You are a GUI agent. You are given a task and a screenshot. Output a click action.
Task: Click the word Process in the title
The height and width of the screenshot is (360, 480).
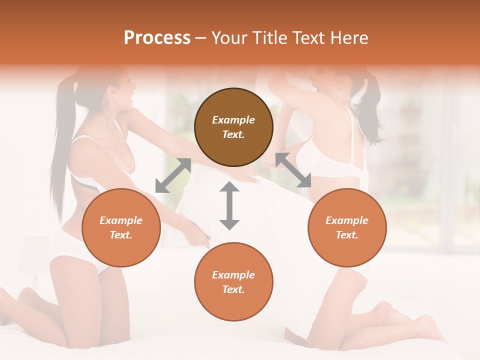pyautogui.click(x=157, y=38)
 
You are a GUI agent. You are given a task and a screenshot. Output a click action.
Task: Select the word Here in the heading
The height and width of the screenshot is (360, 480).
pyautogui.click(x=350, y=38)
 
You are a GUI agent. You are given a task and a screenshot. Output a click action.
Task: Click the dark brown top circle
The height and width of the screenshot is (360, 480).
pyautogui.click(x=233, y=127)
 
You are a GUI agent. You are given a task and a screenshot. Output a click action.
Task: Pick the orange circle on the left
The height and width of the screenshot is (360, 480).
pyautogui.click(x=121, y=227)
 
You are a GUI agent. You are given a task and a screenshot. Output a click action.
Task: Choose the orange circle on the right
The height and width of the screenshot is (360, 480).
pyautogui.click(x=347, y=227)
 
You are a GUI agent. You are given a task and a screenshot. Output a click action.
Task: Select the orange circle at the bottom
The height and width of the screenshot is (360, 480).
pyautogui.click(x=233, y=282)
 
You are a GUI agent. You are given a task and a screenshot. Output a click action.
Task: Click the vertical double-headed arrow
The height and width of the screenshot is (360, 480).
pyautogui.click(x=229, y=205)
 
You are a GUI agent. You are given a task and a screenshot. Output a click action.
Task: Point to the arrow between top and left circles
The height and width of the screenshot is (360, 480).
pyautogui.click(x=173, y=175)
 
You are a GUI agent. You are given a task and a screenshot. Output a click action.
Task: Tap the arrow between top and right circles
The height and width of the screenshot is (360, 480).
pyautogui.click(x=293, y=170)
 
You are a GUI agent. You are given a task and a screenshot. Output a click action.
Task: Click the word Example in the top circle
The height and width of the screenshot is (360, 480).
pyautogui.click(x=233, y=120)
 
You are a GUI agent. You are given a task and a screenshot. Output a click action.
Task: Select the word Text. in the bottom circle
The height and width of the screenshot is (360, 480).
pyautogui.click(x=233, y=289)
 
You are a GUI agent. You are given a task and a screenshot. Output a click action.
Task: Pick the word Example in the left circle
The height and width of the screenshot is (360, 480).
pyautogui.click(x=121, y=220)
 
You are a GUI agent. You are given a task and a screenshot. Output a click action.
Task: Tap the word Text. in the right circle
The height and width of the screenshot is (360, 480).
pyautogui.click(x=347, y=235)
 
